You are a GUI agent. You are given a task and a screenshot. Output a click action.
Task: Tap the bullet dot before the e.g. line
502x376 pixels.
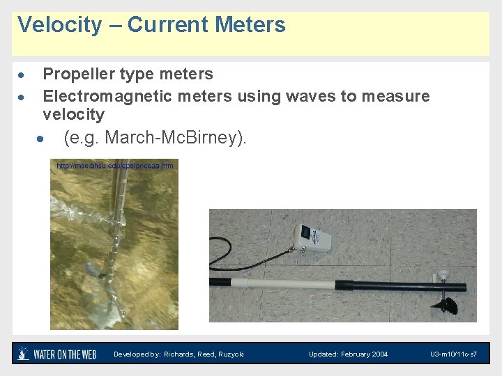43,139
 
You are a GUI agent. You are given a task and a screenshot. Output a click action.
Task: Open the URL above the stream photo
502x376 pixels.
115,166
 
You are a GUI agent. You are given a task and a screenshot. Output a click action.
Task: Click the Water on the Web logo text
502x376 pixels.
66,354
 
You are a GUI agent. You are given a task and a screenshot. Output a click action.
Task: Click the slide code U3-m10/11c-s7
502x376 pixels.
453,354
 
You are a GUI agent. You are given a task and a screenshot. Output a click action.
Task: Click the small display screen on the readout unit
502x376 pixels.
307,230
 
